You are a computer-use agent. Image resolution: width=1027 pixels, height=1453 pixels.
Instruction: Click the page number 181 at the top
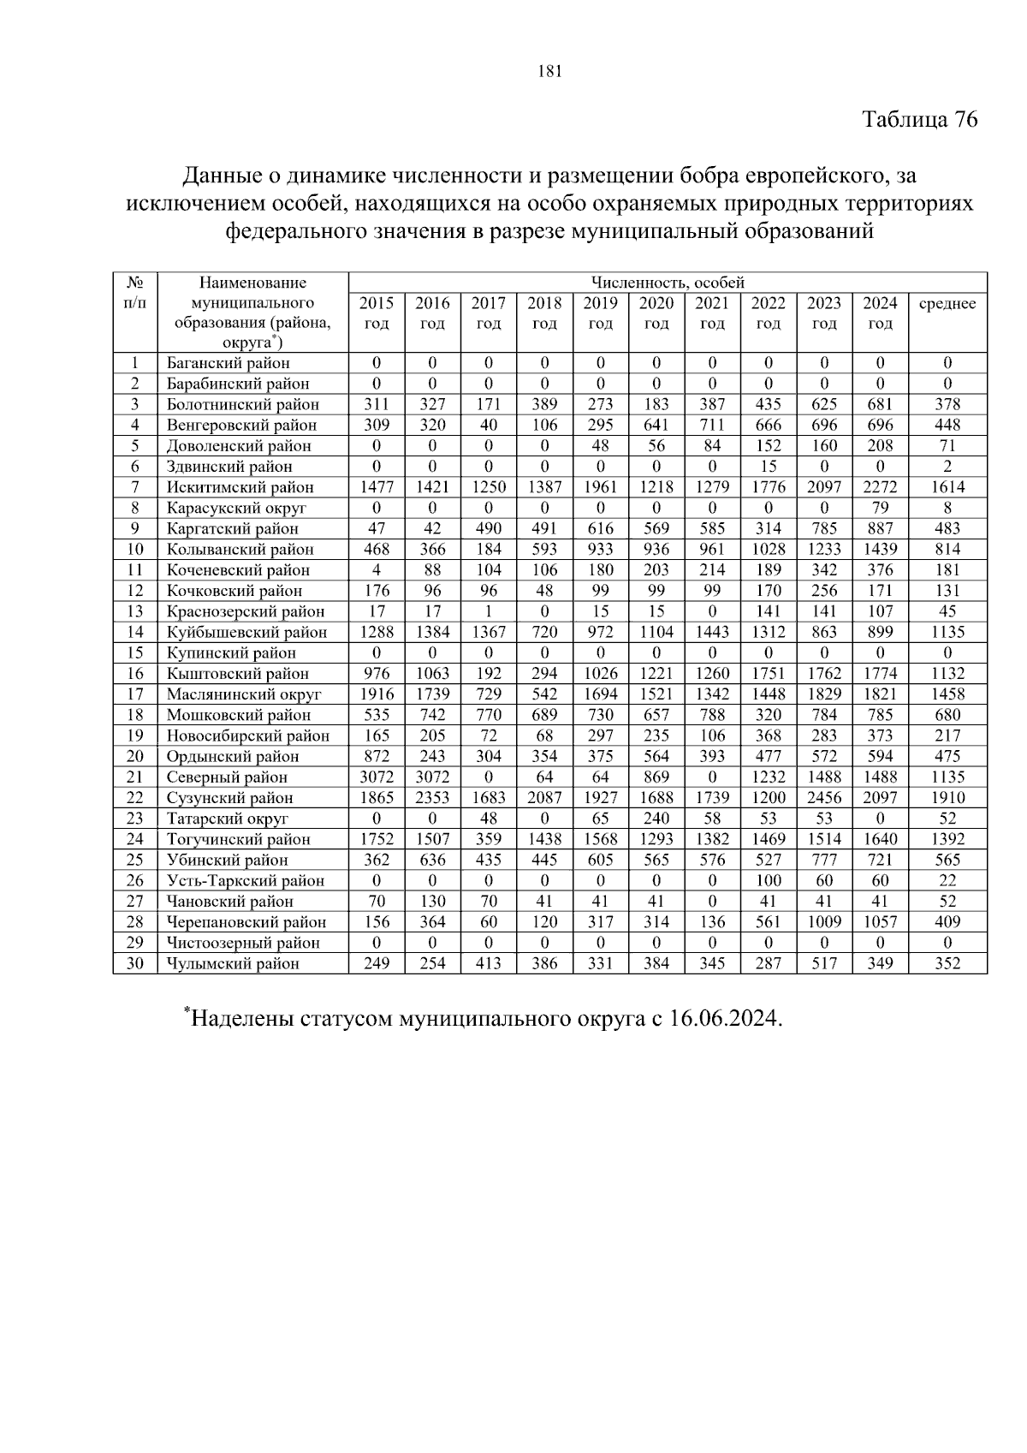549,72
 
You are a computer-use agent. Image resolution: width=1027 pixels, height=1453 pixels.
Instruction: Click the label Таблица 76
919,119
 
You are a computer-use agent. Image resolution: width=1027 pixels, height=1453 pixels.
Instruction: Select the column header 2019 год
600,313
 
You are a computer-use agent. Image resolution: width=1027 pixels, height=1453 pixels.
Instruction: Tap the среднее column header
947,303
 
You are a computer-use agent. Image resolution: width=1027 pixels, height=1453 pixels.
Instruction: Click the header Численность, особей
668,283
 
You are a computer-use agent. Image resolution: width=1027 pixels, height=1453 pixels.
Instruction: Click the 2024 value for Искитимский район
880,487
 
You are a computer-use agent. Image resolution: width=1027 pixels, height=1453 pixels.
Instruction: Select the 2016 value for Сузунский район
432,798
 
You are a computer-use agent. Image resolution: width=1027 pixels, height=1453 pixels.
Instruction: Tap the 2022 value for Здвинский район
768,467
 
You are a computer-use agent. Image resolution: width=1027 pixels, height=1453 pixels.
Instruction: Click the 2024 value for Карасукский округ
880,508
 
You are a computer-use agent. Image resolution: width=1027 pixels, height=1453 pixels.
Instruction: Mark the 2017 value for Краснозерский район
488,611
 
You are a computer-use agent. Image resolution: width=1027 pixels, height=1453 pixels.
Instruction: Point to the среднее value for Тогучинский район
947,839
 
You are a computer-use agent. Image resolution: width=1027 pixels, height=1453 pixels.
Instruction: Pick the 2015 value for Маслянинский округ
377,694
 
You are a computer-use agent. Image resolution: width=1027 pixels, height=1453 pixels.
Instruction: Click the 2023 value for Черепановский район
824,922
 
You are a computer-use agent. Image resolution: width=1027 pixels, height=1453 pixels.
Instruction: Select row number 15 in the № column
135,652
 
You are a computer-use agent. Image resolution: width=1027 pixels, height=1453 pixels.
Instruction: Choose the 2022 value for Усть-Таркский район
768,881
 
